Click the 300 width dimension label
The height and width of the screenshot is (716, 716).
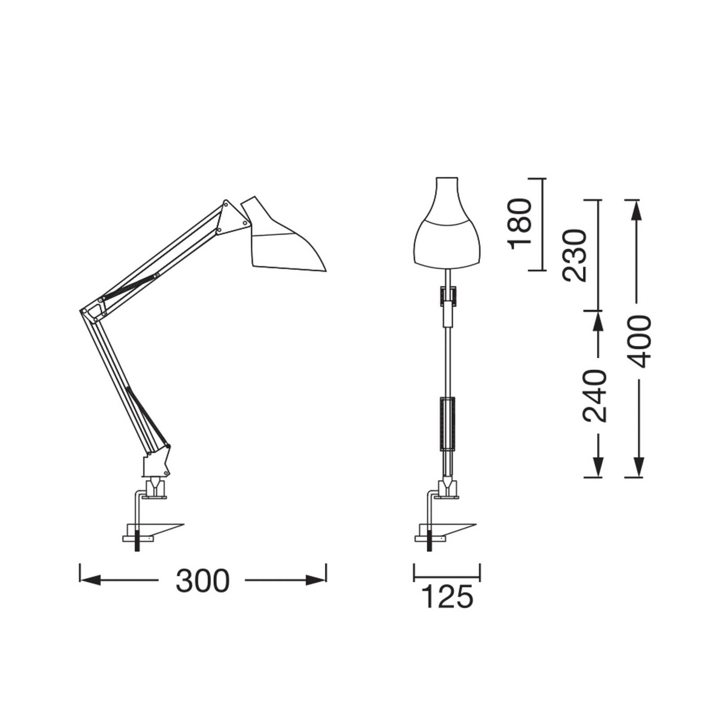(202, 581)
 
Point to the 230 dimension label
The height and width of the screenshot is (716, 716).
(575, 255)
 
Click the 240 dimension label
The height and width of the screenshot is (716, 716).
(594, 396)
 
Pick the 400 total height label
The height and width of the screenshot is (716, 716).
(636, 341)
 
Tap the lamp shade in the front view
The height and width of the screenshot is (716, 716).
(447, 224)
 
